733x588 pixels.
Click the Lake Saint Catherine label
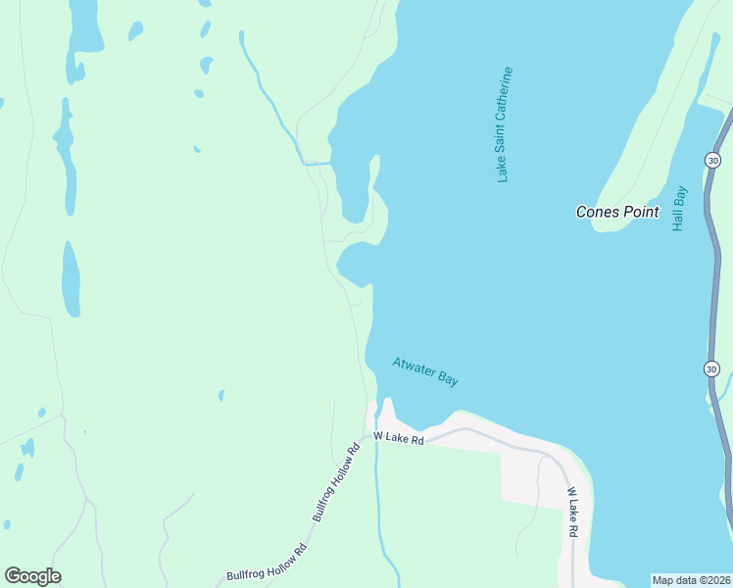click(505, 124)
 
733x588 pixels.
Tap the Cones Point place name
click(616, 212)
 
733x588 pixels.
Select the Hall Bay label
click(679, 209)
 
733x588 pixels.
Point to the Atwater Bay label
click(425, 371)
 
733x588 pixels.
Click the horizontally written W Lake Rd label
click(398, 439)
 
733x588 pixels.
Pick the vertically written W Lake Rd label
click(572, 511)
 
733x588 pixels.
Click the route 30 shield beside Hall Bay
click(712, 160)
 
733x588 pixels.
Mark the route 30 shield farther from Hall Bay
click(712, 368)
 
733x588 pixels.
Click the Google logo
click(32, 576)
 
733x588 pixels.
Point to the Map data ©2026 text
click(691, 580)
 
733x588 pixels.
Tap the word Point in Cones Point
click(639, 212)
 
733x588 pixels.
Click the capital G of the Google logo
click(13, 576)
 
